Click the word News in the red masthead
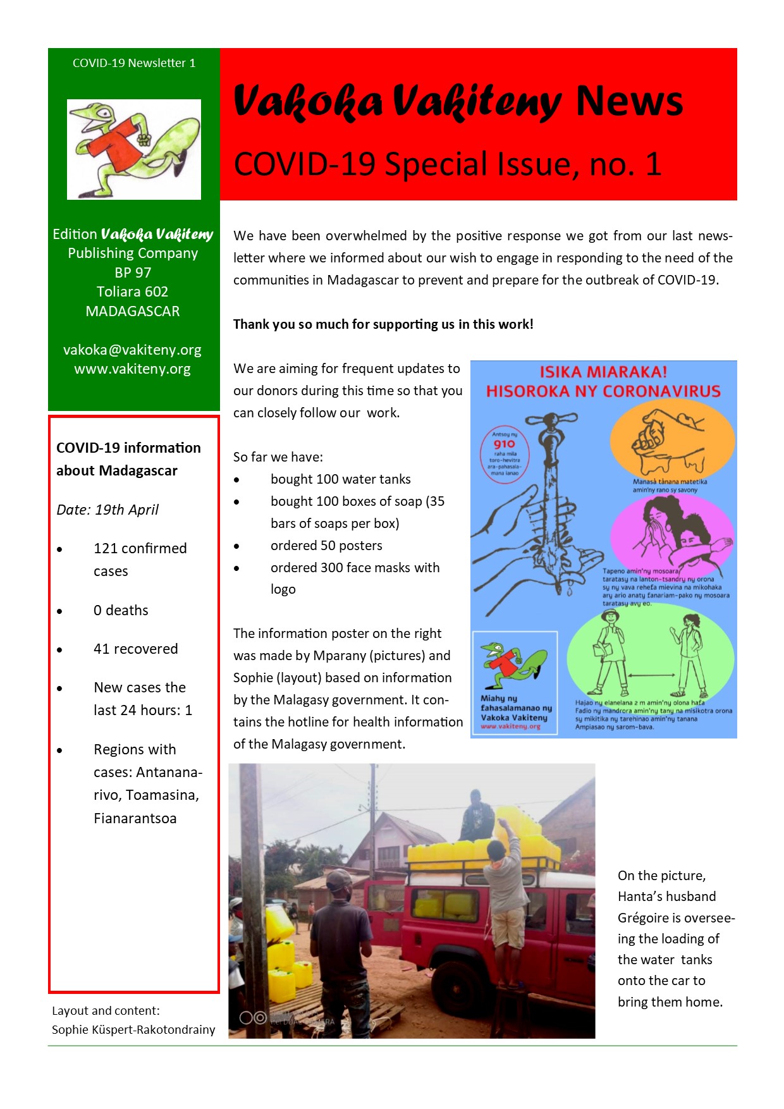(628, 101)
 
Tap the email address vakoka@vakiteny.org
(132, 350)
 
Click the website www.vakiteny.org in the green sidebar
(132, 369)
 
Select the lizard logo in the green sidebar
(134, 149)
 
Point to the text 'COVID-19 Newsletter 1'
(134, 63)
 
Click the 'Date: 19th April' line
(107, 510)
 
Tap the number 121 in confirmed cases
(106, 548)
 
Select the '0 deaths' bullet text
(121, 610)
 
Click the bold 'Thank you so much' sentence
(383, 324)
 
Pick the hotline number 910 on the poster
(504, 444)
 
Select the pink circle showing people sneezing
(671, 531)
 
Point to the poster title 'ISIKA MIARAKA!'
(603, 372)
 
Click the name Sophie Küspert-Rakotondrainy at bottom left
(133, 1030)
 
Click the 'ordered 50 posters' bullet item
(326, 546)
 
